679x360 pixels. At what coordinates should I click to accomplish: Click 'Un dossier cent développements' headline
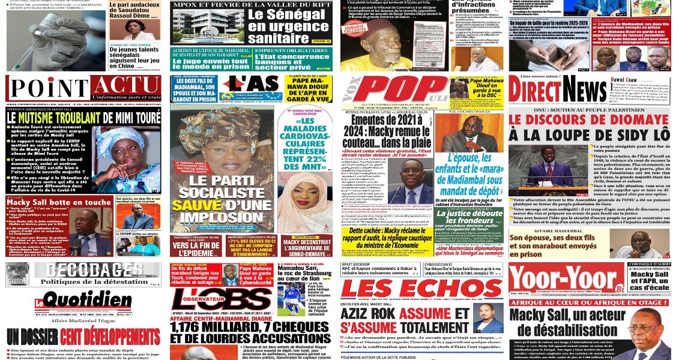[83, 336]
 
